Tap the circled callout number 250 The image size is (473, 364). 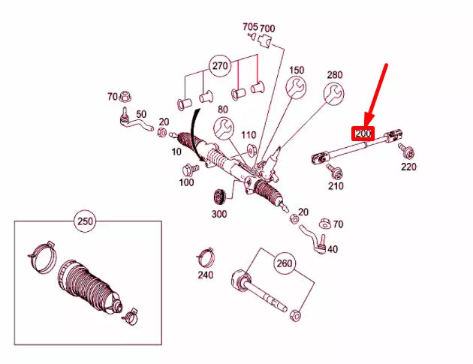(84, 221)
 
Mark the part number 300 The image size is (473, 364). (218, 214)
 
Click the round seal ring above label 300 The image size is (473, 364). (221, 198)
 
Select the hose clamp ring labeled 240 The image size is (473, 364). (203, 255)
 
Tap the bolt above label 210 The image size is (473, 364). (332, 172)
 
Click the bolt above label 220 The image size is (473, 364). (406, 152)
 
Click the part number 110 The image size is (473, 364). (249, 135)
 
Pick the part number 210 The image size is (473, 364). (335, 185)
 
